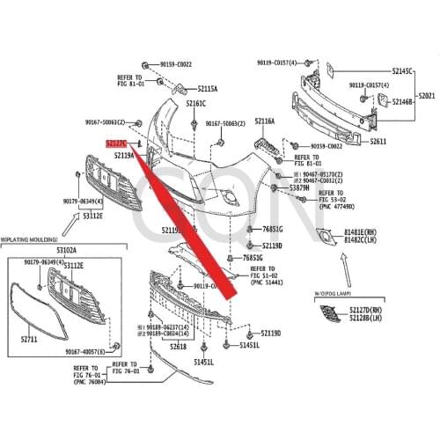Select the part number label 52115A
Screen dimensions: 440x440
click(x=208, y=89)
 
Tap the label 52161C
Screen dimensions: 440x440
click(x=195, y=103)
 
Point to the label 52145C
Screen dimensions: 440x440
click(x=403, y=70)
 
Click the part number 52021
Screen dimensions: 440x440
click(x=426, y=95)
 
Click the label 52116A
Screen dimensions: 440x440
click(x=265, y=121)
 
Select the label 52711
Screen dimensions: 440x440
click(x=29, y=339)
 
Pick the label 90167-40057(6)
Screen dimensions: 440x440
click(x=86, y=352)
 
